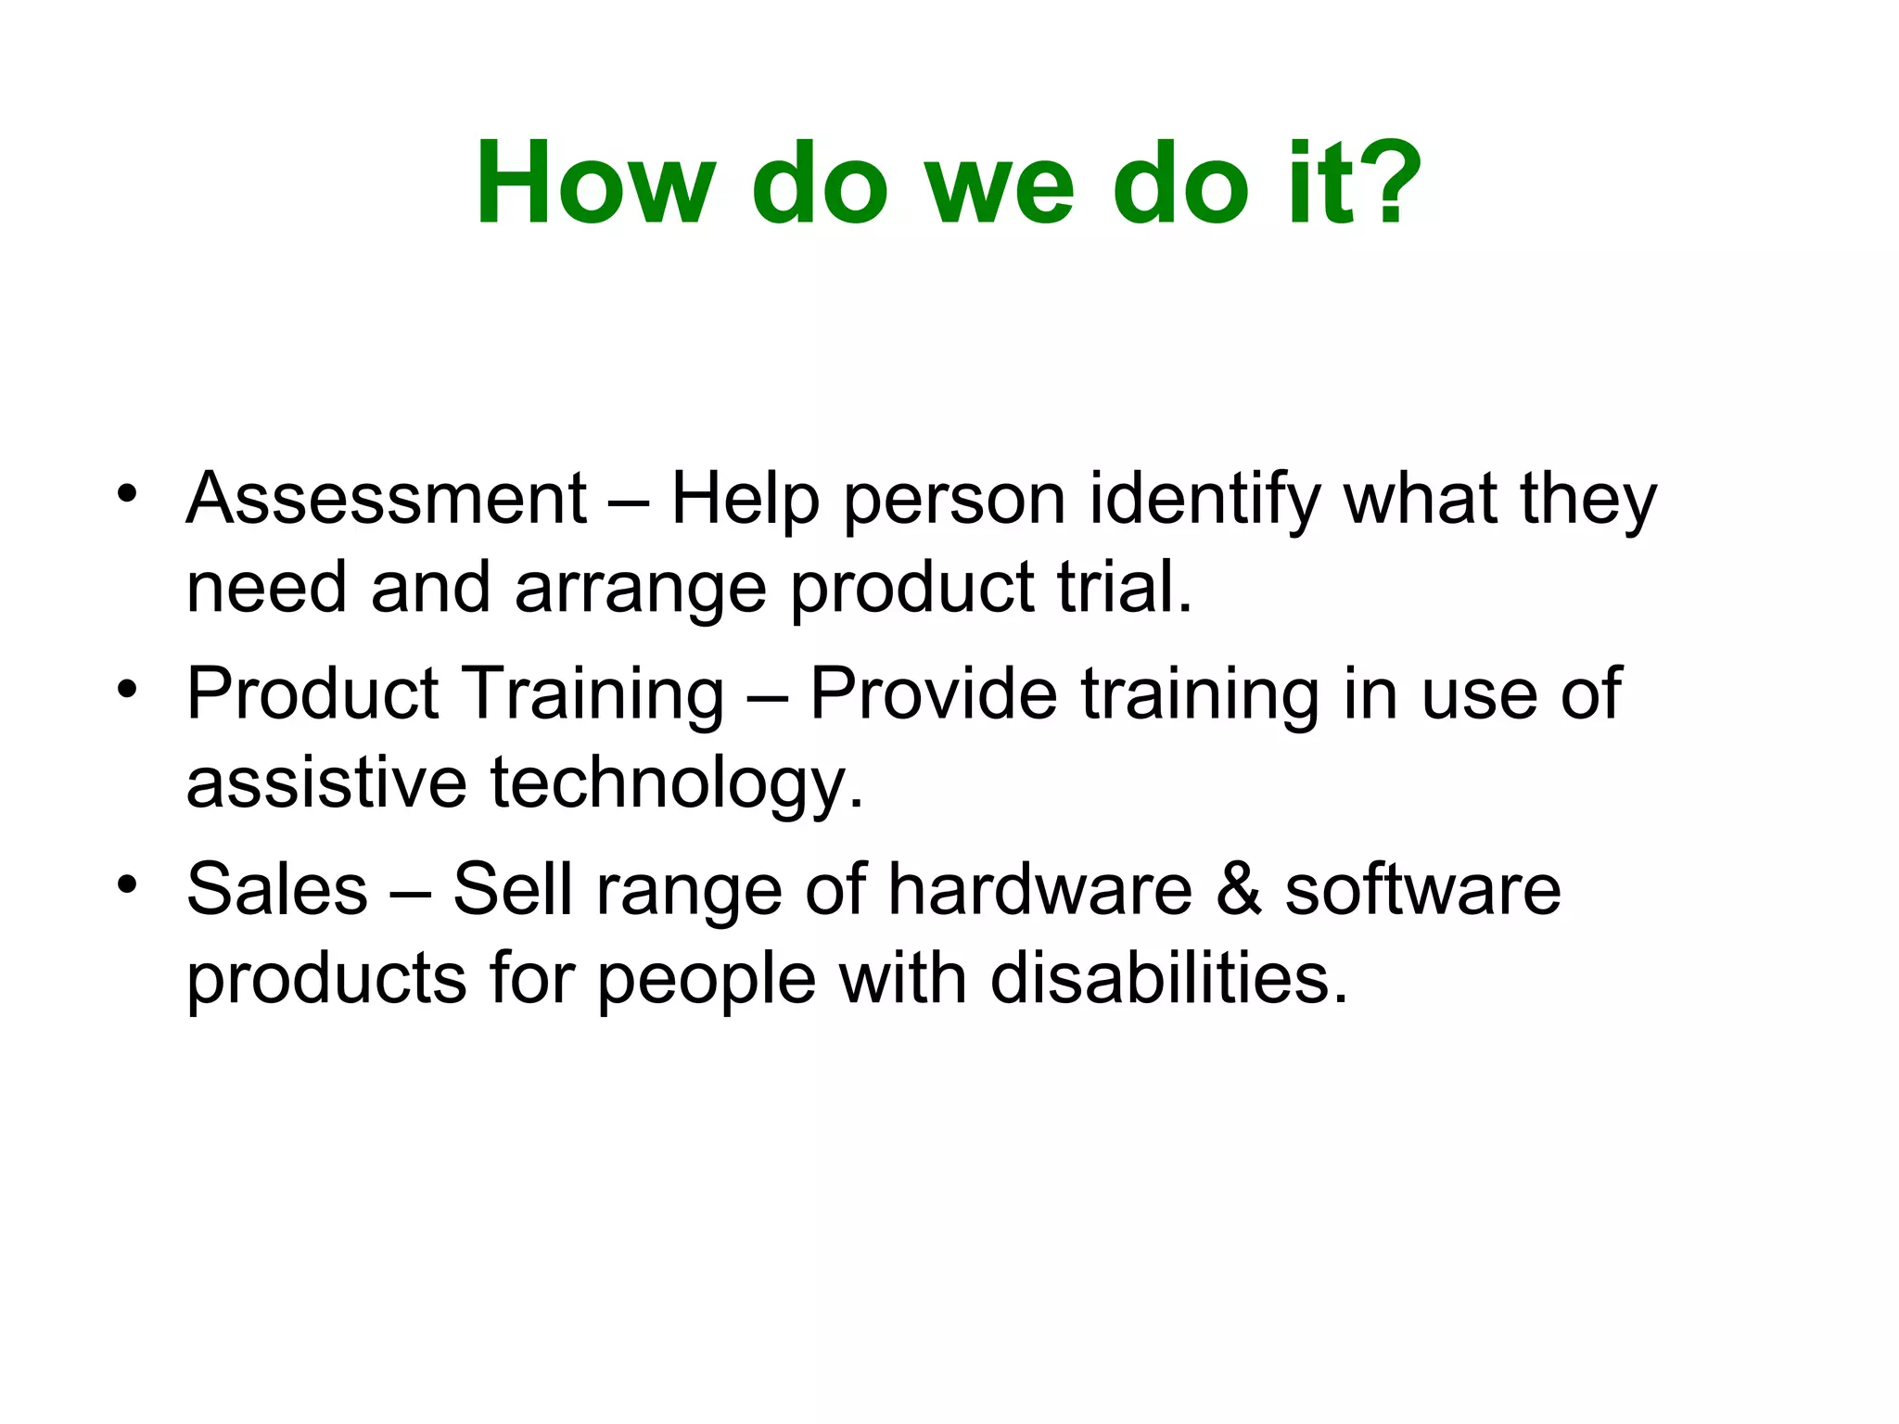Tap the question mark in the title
coord(1390,183)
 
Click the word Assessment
coord(386,499)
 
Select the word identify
coord(1204,501)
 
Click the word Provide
coord(933,693)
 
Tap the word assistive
coord(326,782)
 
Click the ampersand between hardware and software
coord(1239,888)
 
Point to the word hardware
coord(1039,888)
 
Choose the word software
coord(1422,888)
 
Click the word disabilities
coord(1168,978)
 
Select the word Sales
coord(277,888)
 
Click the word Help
coord(746,501)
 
